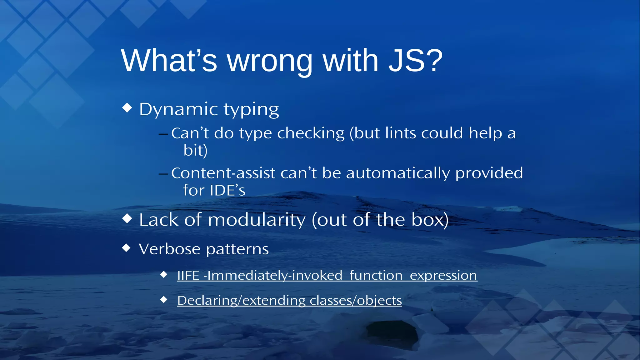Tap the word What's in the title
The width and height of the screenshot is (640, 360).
(169, 61)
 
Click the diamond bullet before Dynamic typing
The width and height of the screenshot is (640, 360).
(127, 108)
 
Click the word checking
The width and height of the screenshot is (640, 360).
(311, 134)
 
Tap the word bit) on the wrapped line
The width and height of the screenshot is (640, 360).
(195, 150)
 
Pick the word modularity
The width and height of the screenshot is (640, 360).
(257, 220)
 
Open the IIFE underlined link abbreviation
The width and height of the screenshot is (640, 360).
(188, 276)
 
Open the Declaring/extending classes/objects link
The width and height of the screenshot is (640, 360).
(289, 301)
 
